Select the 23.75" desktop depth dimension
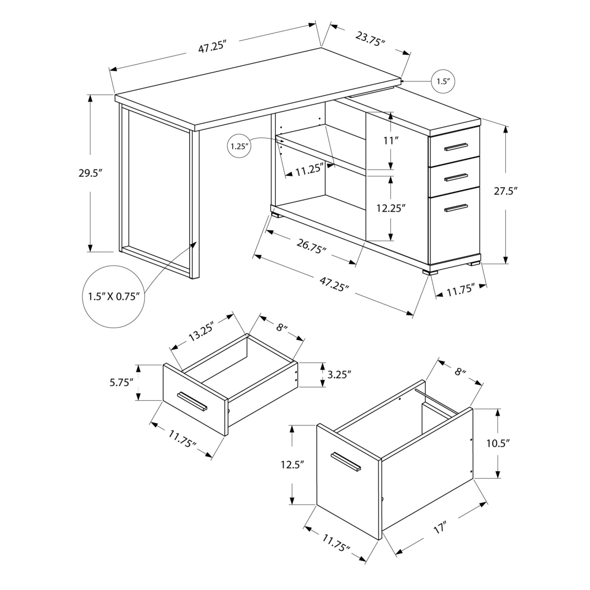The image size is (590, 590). point(370,39)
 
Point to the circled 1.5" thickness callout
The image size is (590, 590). point(443,81)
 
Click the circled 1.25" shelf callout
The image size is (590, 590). point(238,146)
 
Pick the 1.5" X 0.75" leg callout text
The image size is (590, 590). point(114,296)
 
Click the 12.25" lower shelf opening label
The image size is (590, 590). point(391,208)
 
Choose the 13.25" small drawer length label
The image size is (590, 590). point(201,332)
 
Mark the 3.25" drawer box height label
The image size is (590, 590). point(339,374)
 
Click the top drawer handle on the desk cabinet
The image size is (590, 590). point(456,147)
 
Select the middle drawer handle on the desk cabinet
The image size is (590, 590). point(456,177)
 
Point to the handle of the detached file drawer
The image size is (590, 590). point(346,461)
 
